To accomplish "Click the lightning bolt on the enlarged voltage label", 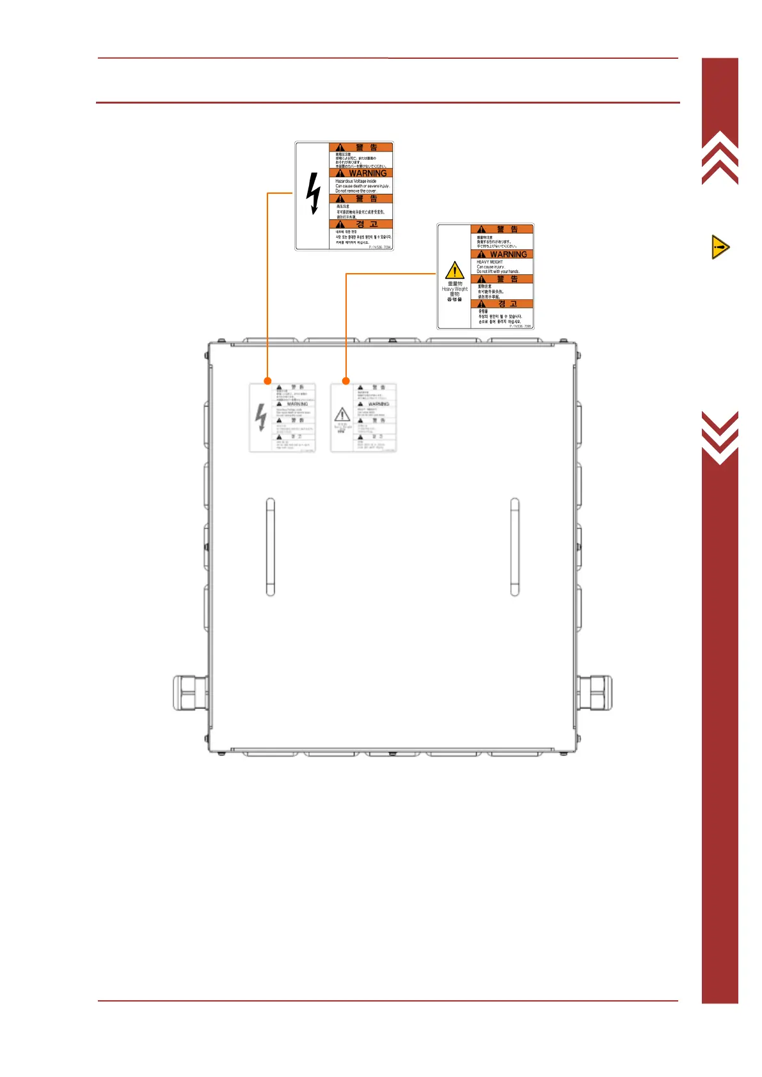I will [x=313, y=194].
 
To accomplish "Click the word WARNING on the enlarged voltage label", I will [x=367, y=173].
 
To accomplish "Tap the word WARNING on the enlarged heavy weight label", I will [x=508, y=255].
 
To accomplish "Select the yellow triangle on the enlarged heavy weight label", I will [x=454, y=270].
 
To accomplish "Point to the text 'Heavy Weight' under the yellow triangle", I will [x=454, y=289].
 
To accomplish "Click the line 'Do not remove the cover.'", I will [x=356, y=191].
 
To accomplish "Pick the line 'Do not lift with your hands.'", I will [x=498, y=272].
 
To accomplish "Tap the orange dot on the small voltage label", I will [x=267, y=381].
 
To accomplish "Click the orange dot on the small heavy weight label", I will [x=346, y=381].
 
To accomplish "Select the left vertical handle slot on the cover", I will [x=270, y=547].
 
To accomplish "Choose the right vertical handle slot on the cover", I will [x=514, y=547].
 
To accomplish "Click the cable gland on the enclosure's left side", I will [x=189, y=693].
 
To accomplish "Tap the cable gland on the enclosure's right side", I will [x=594, y=693].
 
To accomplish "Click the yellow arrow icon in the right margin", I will [x=720, y=247].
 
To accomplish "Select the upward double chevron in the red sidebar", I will [x=720, y=157].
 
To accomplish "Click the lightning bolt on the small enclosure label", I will [x=260, y=418].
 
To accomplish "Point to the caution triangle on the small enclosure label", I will [x=342, y=414].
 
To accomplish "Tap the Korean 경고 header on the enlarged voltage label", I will [x=366, y=224].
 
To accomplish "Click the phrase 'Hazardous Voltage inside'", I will [x=356, y=181].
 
